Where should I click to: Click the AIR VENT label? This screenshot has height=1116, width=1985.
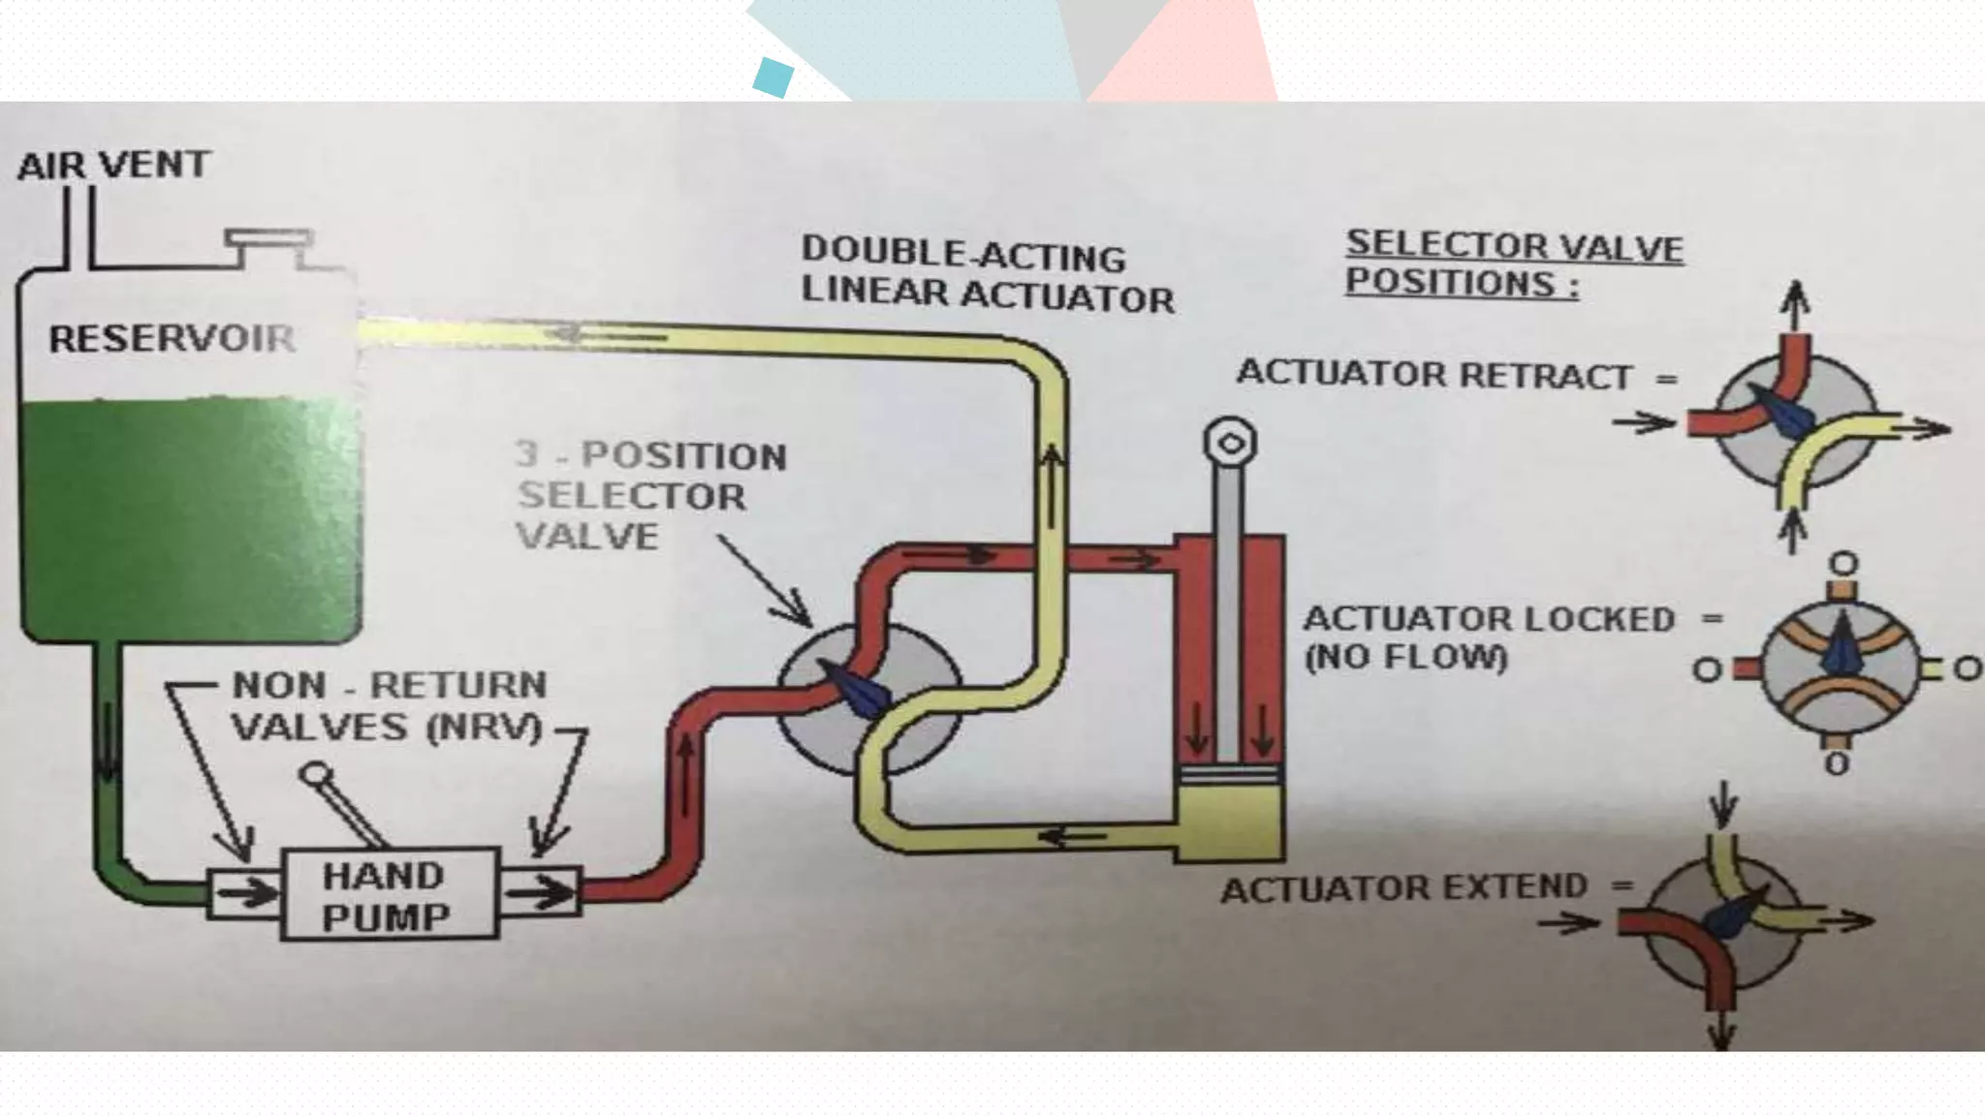click(x=113, y=165)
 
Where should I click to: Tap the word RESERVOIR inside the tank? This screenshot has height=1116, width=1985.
click(x=173, y=339)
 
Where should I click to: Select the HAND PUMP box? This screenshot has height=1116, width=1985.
click(x=390, y=894)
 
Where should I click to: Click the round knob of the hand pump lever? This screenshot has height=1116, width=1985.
click(x=316, y=776)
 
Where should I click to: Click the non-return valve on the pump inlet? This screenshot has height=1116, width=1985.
click(x=244, y=892)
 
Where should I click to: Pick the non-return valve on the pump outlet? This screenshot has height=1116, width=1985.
click(x=540, y=891)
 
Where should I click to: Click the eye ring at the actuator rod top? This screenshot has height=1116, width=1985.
click(x=1230, y=443)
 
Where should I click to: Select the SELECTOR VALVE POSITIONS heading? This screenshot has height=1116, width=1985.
click(x=1513, y=263)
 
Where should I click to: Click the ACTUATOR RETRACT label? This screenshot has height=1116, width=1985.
click(x=1434, y=375)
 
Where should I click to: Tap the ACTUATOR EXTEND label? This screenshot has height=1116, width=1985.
click(x=1404, y=888)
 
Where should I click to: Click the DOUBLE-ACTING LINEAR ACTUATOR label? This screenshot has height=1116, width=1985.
click(x=987, y=275)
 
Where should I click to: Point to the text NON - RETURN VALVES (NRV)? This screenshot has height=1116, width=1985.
click(x=389, y=706)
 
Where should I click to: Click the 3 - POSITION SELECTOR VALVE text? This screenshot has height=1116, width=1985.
click(x=650, y=495)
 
